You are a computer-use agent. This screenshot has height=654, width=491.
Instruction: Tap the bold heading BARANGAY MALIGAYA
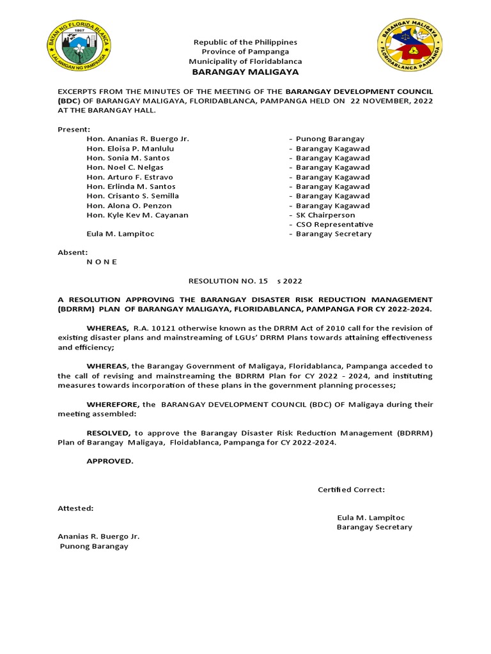(x=245, y=72)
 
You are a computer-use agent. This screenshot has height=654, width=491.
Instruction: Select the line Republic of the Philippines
(x=245, y=42)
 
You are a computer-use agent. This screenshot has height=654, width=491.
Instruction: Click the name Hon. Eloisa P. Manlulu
(x=130, y=148)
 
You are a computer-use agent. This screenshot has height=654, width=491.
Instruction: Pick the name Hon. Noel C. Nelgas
(x=125, y=167)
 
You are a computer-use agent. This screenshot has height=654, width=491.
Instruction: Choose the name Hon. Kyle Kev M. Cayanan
(x=137, y=215)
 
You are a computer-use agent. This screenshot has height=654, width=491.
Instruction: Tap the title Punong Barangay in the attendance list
(x=330, y=139)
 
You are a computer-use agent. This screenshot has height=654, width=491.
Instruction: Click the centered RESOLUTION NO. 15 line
(x=245, y=281)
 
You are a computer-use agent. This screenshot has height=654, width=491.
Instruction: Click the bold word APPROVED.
(x=110, y=461)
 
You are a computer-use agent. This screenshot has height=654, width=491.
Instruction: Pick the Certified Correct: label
(x=351, y=490)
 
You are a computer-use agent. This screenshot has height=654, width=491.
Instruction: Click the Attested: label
(x=75, y=508)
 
